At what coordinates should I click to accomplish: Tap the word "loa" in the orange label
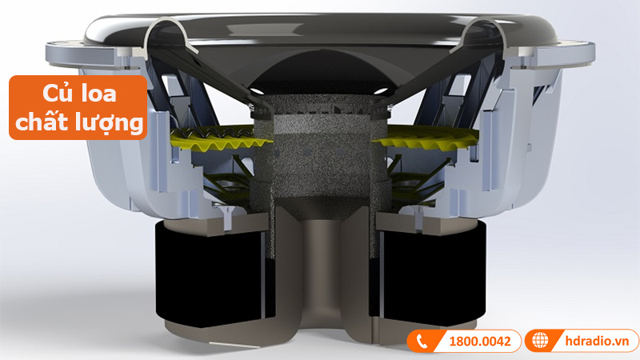99,94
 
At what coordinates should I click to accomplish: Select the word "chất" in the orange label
46,122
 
